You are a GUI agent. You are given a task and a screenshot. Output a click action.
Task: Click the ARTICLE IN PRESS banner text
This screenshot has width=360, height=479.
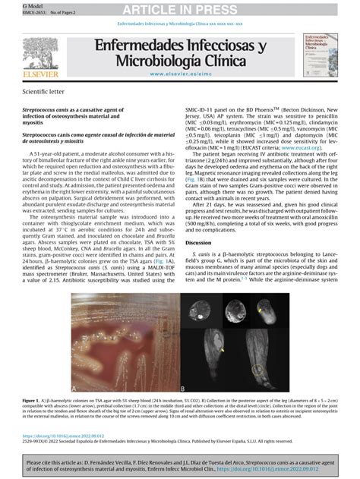tap(180, 8)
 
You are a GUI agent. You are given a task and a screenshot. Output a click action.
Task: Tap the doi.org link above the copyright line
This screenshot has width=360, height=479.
tap(60, 436)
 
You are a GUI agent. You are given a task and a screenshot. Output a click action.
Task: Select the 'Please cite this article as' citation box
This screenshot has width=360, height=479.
tap(180, 465)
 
